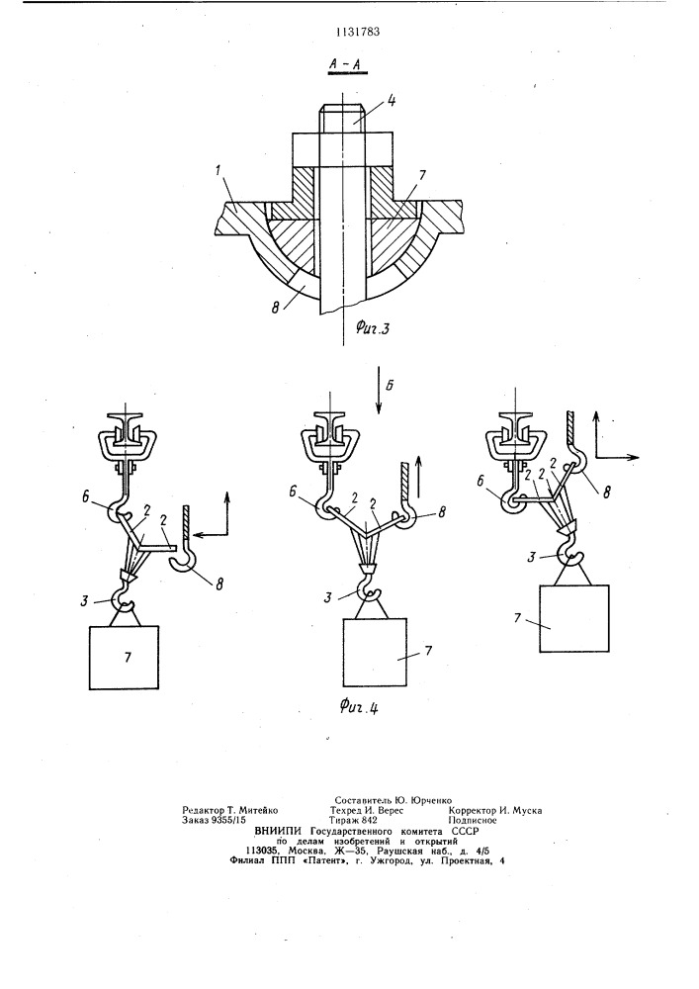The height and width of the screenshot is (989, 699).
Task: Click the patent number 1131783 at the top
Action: click(357, 33)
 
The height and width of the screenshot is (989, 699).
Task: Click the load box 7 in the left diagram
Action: click(125, 658)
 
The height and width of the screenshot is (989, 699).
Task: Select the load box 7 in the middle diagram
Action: click(377, 652)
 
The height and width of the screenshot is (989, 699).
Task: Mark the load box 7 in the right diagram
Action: click(574, 618)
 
